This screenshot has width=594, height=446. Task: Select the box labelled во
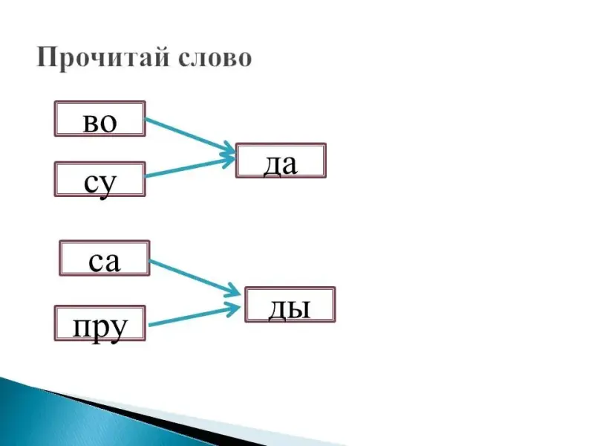coord(99,119)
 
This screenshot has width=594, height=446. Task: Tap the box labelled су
coord(99,179)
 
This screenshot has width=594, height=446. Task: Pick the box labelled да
coord(281,161)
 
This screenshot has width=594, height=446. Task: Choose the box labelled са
coord(104,258)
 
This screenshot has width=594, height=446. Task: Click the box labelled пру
coord(100,323)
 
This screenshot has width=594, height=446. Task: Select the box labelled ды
coord(290,305)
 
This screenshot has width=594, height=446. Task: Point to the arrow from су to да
coord(186,168)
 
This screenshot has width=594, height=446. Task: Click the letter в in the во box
coord(91,122)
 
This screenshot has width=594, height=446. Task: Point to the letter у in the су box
coord(110,183)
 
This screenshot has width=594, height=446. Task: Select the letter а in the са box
coord(112,262)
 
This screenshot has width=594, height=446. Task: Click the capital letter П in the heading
coord(48,58)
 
